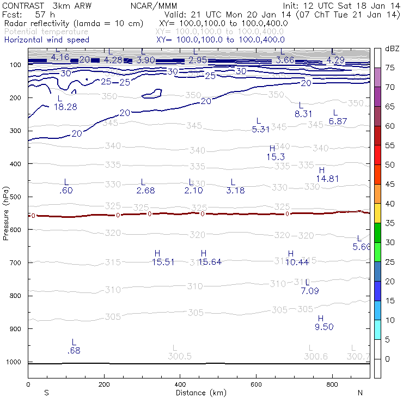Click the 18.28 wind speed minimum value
(x=65, y=107)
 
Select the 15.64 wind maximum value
(x=210, y=262)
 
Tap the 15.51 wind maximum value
(x=163, y=262)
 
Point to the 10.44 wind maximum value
(x=297, y=262)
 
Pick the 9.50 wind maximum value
(x=324, y=327)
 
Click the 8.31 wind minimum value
(x=303, y=114)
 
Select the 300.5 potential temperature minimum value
(x=180, y=356)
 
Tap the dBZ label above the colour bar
(x=391, y=49)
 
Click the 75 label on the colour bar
(x=390, y=68)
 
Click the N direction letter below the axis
(x=361, y=393)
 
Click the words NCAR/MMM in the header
(x=154, y=5)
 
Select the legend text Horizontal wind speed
(x=46, y=40)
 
